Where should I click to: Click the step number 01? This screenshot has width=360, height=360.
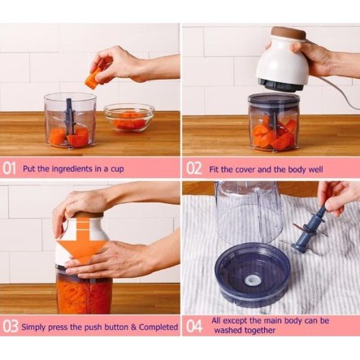9,169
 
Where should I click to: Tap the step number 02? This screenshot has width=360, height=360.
193,169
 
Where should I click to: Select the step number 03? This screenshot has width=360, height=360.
11,327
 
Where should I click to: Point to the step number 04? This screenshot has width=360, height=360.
194,327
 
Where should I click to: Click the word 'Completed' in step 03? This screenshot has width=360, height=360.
158,327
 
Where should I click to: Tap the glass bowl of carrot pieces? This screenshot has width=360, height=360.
129,118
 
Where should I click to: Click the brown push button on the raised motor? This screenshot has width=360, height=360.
288,33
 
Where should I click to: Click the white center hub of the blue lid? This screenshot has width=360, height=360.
252,280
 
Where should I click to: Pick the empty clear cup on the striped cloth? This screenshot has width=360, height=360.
246,211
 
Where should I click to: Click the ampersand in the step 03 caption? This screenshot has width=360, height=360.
133,327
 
